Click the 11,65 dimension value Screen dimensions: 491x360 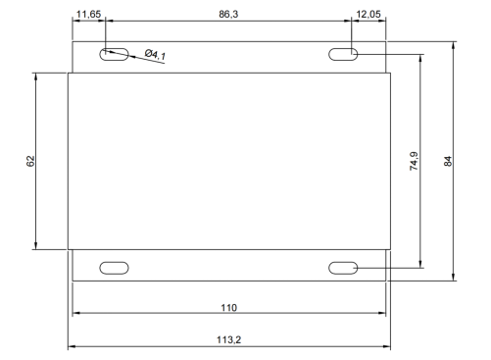pyautogui.click(x=88, y=15)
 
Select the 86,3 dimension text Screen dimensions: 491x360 pyautogui.click(x=228, y=14)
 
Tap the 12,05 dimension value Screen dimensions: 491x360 pyautogui.click(x=368, y=15)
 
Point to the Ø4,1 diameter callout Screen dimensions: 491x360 pyautogui.click(x=155, y=54)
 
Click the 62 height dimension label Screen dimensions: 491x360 pyautogui.click(x=30, y=161)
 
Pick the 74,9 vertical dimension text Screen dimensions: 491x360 pyautogui.click(x=414, y=161)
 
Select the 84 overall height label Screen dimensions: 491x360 pyautogui.click(x=448, y=161)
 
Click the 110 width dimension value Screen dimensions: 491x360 pyautogui.click(x=228, y=308)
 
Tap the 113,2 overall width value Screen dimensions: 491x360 pyautogui.click(x=228, y=339)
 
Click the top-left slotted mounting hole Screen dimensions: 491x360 pyautogui.click(x=114, y=54)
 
